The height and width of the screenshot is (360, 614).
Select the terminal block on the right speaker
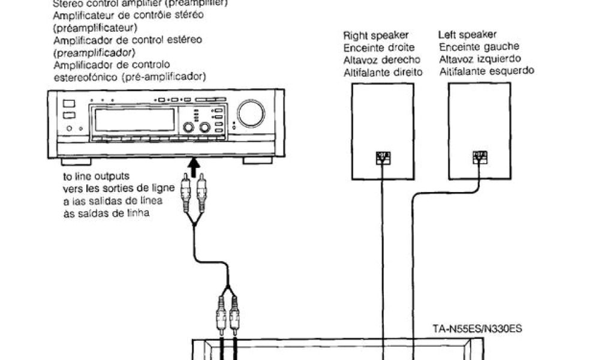click(383, 158)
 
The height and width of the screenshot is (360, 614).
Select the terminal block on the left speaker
click(479, 157)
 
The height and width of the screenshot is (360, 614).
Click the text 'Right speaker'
click(376, 35)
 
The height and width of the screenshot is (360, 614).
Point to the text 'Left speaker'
click(467, 35)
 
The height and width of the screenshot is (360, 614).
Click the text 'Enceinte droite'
click(379, 47)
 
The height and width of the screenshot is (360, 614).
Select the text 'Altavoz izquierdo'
click(479, 59)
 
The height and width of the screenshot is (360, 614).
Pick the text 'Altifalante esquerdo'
click(486, 71)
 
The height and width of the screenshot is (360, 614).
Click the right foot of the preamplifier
click(257, 161)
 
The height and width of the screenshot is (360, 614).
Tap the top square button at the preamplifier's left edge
click(69, 103)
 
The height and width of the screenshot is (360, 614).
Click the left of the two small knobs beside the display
click(189, 127)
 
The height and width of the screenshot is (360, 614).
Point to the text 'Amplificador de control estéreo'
click(127, 40)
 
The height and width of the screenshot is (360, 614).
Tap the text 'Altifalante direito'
click(383, 72)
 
